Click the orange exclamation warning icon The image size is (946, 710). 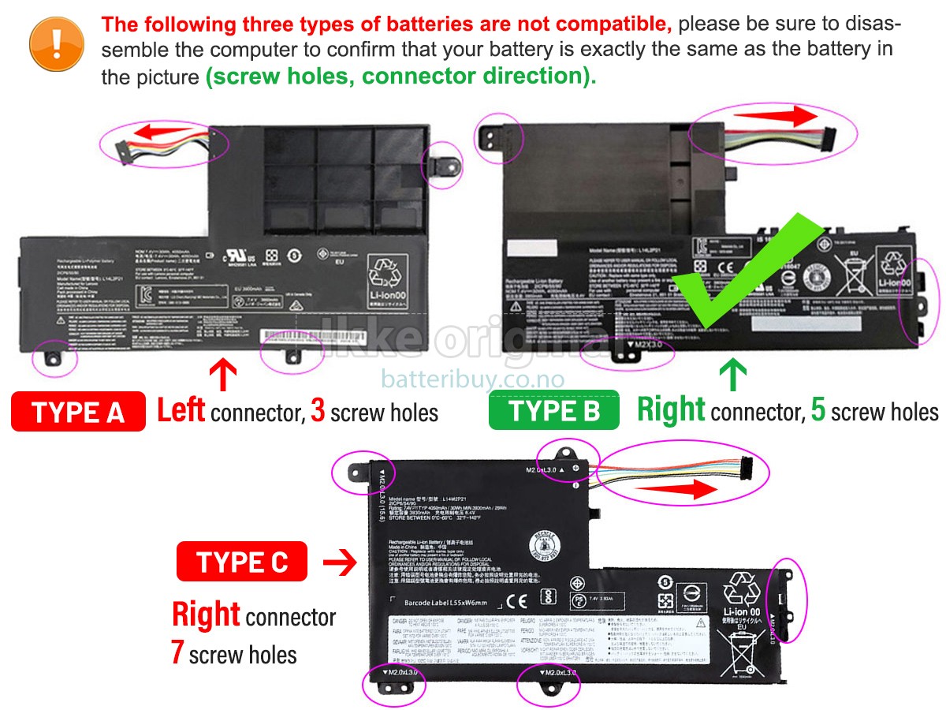[56, 44]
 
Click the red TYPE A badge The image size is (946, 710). [78, 412]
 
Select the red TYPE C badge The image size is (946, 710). [242, 562]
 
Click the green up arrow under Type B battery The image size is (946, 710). [733, 374]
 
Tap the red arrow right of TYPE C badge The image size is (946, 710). [340, 562]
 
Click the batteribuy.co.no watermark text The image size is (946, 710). [472, 379]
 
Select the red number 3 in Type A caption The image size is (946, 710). [318, 411]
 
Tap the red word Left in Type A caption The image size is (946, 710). [181, 410]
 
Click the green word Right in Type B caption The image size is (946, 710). [671, 410]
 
